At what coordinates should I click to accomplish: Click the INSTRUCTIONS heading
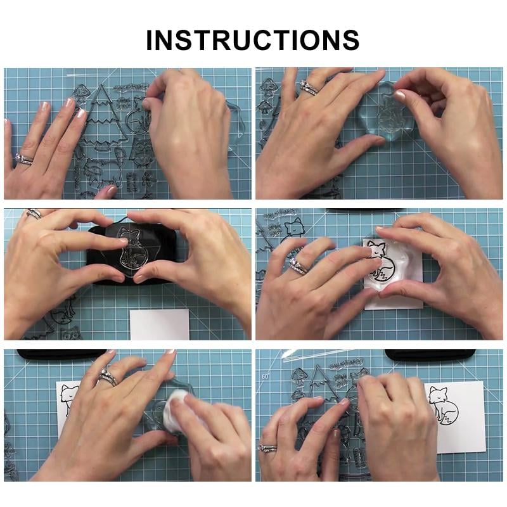pyautogui.click(x=253, y=39)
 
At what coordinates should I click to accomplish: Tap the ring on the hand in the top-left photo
pyautogui.click(x=24, y=159)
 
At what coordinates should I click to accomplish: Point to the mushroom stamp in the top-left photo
pyautogui.click(x=80, y=91)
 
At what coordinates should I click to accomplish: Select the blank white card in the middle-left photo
pyautogui.click(x=159, y=324)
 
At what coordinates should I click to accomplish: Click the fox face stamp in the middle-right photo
pyautogui.click(x=293, y=228)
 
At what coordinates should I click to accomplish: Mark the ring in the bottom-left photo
pyautogui.click(x=107, y=378)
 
